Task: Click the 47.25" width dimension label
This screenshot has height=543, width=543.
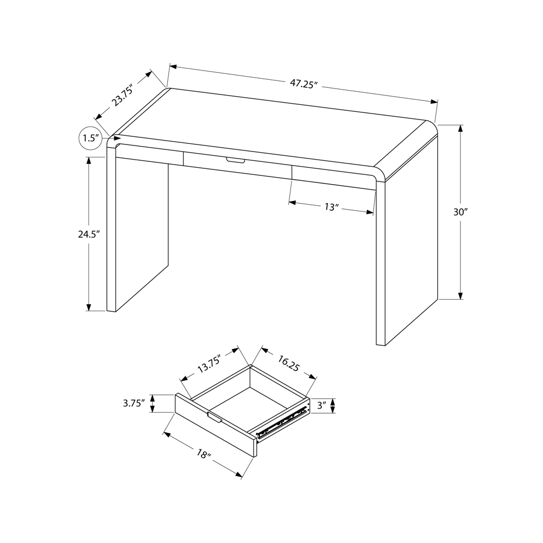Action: pos(304,84)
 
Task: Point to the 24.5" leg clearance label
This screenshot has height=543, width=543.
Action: pos(89,235)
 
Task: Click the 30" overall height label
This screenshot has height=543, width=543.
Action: pos(460,212)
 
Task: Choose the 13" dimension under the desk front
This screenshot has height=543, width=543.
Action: pos(331,207)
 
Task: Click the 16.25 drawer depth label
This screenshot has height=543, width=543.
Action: pos(288,363)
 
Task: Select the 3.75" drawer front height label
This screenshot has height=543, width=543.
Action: pos(134,403)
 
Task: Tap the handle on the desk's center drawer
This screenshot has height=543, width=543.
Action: pos(236,160)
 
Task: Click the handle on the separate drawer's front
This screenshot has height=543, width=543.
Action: pos(214,418)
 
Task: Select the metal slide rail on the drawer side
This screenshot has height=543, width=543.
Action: pos(282,422)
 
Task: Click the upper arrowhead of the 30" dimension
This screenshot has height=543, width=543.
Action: pos(460,128)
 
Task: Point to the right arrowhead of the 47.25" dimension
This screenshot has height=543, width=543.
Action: pos(434,102)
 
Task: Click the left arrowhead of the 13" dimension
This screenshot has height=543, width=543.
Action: pos(293,202)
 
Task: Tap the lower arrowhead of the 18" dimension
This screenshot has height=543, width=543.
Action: pos(238,474)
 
